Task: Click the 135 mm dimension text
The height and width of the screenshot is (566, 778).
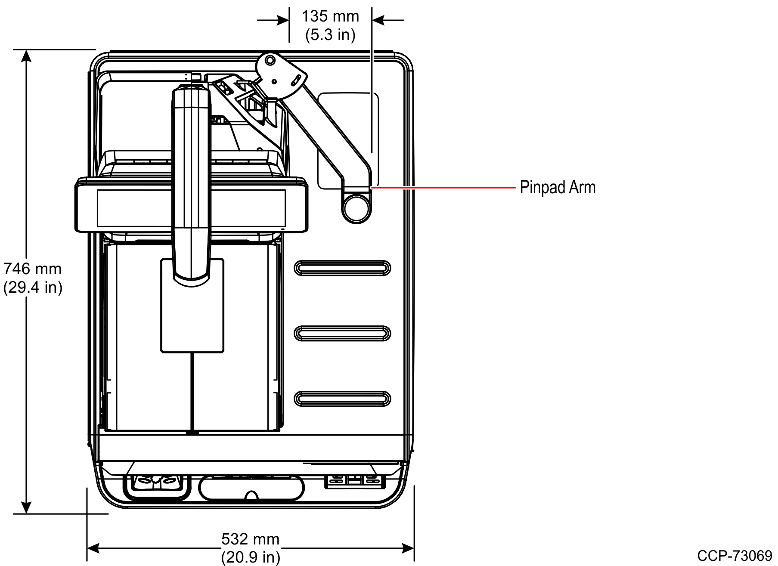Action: (x=330, y=16)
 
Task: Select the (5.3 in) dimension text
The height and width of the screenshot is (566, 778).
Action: (x=330, y=34)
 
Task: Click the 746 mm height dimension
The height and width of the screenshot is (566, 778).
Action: (x=33, y=269)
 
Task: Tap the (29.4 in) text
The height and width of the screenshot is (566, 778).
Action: (x=33, y=287)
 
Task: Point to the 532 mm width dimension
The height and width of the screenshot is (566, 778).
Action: (x=250, y=539)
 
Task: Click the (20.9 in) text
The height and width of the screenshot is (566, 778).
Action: (x=250, y=557)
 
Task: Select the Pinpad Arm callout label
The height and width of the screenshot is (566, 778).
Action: (x=558, y=188)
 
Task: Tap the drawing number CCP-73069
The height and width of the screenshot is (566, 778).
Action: (x=735, y=556)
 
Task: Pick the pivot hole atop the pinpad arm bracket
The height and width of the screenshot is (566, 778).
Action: (x=270, y=60)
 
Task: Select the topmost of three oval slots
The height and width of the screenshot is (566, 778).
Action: (x=342, y=268)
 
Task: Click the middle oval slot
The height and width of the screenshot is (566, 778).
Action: (x=342, y=334)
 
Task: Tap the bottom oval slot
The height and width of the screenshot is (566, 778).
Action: (x=342, y=399)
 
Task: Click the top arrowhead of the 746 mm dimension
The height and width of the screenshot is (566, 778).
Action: (x=27, y=56)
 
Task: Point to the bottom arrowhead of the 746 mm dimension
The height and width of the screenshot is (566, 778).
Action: (x=27, y=508)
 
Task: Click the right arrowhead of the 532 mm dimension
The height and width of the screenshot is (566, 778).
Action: (x=408, y=548)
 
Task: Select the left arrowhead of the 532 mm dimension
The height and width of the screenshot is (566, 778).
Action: (x=93, y=548)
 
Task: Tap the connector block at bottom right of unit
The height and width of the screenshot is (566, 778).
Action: (x=354, y=481)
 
